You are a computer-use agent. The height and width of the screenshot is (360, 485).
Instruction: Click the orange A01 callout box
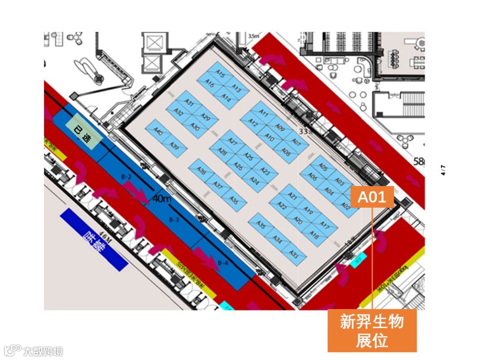[x=372, y=197]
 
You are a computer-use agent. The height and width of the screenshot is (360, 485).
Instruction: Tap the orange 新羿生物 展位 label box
[x=372, y=331]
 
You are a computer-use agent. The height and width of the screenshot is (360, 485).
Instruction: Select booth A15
[x=220, y=75]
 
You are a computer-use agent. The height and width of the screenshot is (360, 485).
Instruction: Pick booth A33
[x=294, y=255]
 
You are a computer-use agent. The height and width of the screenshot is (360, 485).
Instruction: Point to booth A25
[x=249, y=156]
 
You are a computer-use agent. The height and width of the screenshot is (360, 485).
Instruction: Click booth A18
[x=314, y=236]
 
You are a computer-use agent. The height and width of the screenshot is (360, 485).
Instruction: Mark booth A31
[x=189, y=103]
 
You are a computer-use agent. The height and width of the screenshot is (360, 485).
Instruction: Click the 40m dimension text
[x=162, y=198]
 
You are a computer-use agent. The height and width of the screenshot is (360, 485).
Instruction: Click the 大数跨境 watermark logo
[x=34, y=351]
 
